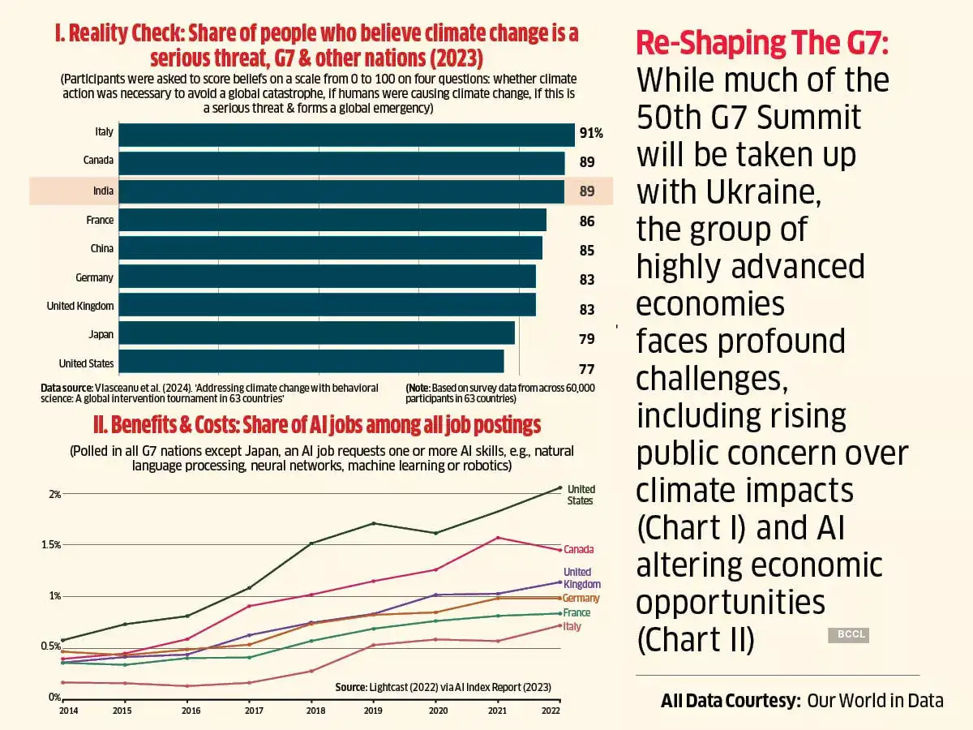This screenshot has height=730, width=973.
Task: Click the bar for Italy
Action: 347,135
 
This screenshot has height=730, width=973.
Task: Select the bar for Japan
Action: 317,333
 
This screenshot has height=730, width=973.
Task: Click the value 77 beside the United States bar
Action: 587,369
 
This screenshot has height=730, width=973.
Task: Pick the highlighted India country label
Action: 103,191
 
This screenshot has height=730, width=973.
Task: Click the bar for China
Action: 331,248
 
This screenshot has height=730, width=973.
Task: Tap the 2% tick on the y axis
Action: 54,494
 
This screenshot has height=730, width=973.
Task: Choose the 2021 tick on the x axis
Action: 498,711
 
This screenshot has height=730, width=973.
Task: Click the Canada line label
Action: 579,550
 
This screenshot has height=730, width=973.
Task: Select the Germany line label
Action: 581,598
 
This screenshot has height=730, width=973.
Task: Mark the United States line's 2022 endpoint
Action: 559,487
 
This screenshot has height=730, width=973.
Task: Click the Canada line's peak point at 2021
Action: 498,538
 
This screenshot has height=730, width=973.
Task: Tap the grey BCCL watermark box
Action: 848,636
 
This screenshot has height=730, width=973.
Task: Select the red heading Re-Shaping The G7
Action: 762,43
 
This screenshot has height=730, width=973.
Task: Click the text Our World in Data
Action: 875,700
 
